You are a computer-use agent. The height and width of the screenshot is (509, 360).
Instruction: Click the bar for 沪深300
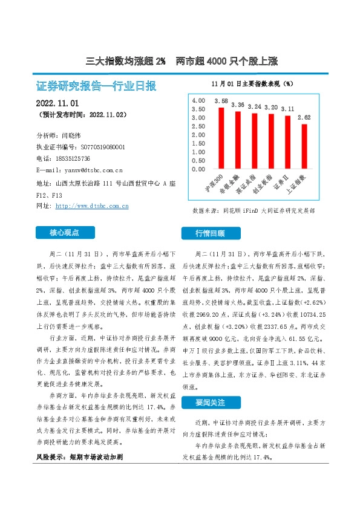221,138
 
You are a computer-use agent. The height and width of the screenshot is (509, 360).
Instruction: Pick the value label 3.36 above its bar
238,105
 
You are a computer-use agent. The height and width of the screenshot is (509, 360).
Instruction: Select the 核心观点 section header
65,232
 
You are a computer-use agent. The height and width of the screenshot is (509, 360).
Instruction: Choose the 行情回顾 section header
209,233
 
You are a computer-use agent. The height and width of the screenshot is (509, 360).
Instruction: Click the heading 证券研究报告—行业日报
96,85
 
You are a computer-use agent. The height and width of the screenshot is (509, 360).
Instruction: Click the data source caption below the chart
253,211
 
